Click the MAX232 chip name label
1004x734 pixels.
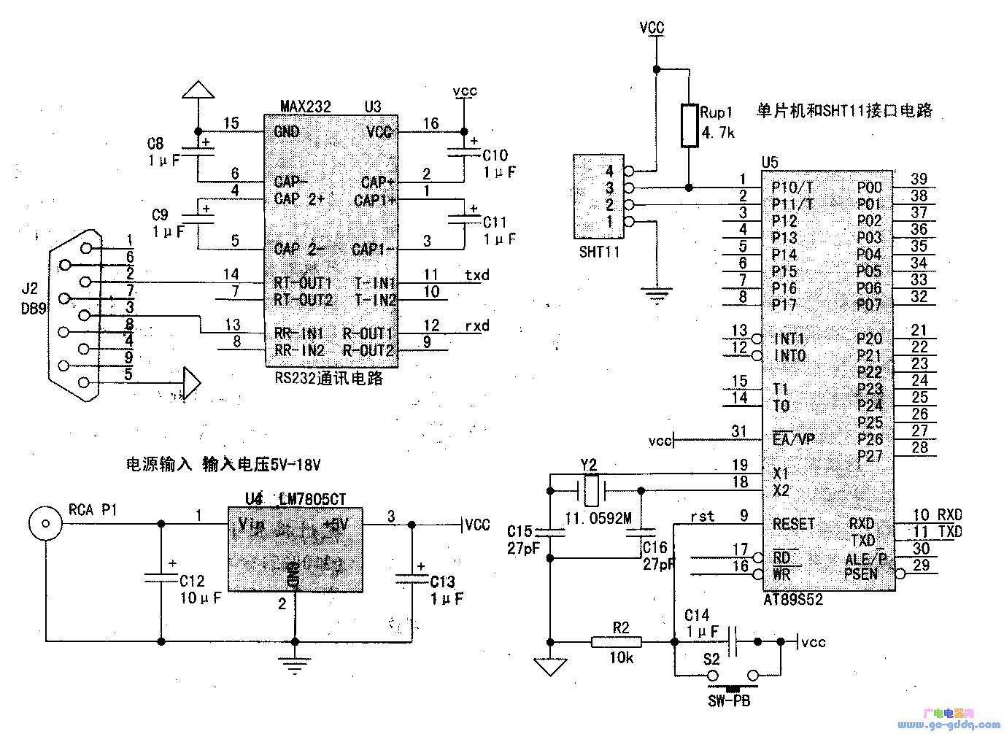[x=305, y=107]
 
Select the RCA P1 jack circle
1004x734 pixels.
[x=45, y=522]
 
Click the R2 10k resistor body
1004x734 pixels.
[x=616, y=642]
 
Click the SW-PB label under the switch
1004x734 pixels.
[x=728, y=701]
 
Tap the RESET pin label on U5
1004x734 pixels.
[x=793, y=524]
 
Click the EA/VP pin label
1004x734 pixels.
[x=793, y=439]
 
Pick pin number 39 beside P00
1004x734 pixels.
[x=919, y=179]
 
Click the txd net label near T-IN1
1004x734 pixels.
[x=476, y=275]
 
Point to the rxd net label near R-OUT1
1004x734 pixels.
[x=476, y=325]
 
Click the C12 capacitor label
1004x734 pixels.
[x=193, y=582]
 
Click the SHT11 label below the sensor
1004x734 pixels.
[x=599, y=252]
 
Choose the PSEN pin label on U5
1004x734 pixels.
[x=861, y=574]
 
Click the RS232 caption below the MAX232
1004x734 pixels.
[x=328, y=379]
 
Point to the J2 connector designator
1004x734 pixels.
[x=30, y=290]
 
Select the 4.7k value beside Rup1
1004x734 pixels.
[x=717, y=133]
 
